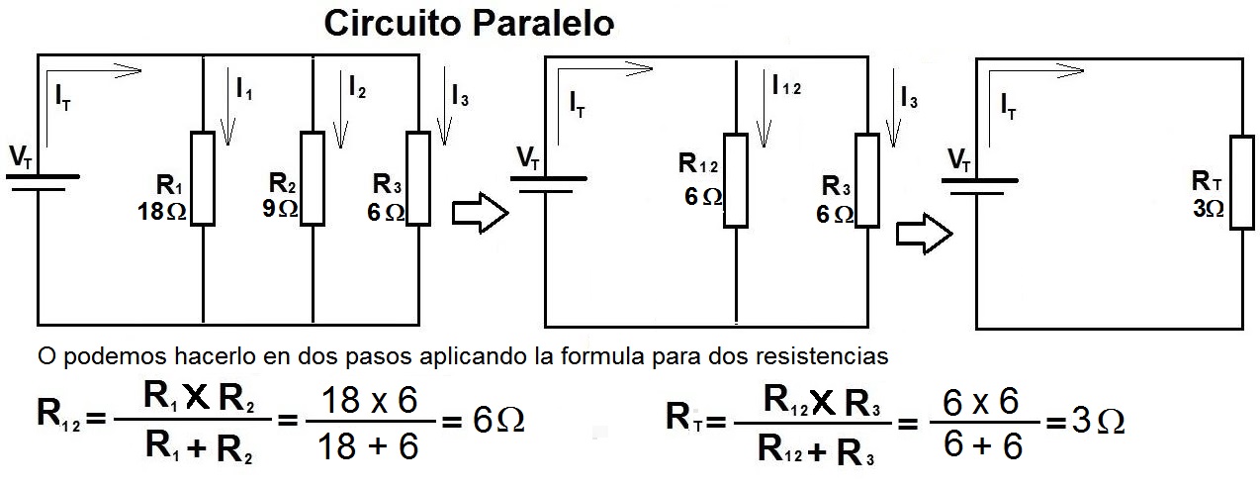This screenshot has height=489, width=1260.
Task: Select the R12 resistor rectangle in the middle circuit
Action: point(736,179)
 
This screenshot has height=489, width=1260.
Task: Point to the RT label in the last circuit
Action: point(1207,181)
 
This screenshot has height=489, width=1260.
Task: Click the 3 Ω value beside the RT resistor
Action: point(1208,209)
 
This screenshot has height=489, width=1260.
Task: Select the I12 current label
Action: point(786,86)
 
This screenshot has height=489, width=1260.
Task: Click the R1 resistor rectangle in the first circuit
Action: point(202,178)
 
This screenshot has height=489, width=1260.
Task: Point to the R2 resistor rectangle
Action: point(313,178)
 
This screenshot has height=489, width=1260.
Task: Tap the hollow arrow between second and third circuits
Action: point(924,234)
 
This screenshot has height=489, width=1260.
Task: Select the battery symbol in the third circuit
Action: point(978,186)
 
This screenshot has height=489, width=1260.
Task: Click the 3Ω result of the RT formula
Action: point(1099,422)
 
